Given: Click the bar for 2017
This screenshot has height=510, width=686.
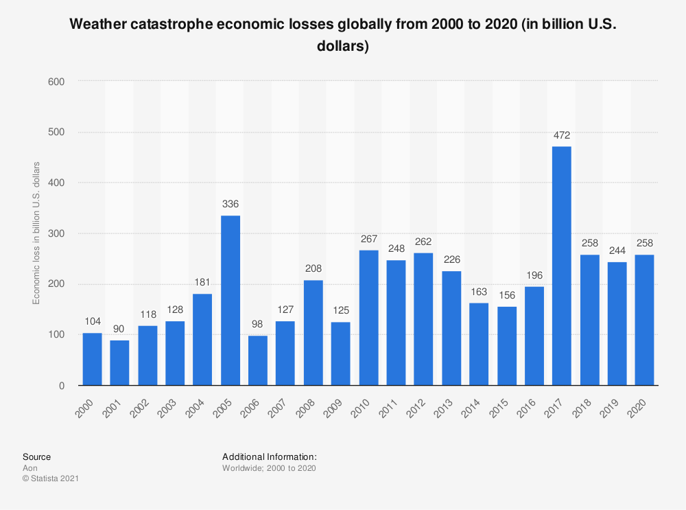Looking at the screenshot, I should point(561,266).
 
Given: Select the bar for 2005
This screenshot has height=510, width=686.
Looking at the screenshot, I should point(230,301).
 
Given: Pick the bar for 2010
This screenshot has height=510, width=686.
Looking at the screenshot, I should point(368,318).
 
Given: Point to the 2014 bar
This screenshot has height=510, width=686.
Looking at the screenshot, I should point(479,344).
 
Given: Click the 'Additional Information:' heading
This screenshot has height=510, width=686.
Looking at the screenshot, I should point(269,456).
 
